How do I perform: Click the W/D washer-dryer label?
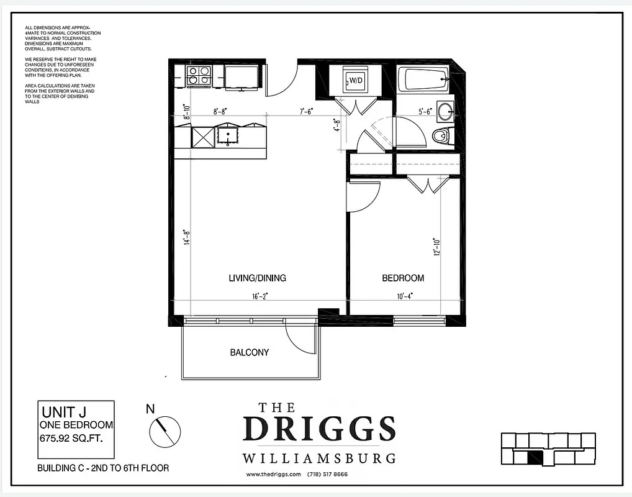[356, 80]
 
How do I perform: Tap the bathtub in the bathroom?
[426, 80]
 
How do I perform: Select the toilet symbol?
[441, 135]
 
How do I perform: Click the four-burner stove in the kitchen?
[199, 76]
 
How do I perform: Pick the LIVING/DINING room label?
[257, 278]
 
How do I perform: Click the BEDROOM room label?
[403, 278]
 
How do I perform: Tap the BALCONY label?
[250, 352]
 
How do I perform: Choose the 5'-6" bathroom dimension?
[425, 112]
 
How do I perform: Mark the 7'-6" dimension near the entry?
[306, 112]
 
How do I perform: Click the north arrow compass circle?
[165, 430]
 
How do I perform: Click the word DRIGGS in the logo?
[318, 429]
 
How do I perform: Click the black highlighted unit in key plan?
[534, 458]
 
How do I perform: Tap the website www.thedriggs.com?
[274, 475]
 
